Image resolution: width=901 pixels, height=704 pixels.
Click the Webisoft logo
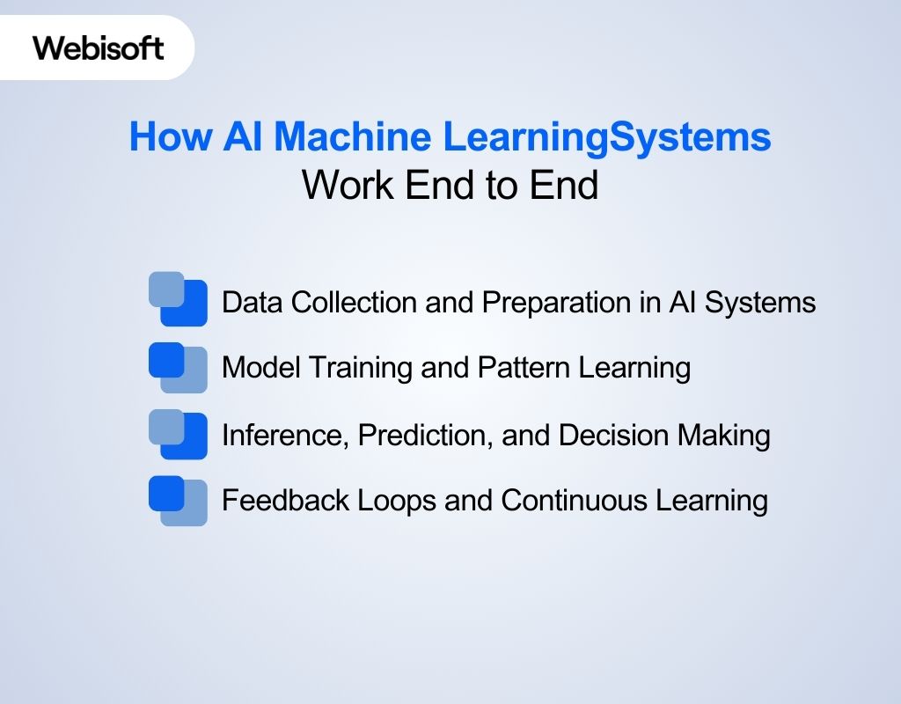click(99, 48)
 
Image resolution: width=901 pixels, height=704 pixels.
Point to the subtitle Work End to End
click(450, 186)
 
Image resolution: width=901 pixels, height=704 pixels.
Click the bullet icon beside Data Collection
click(178, 299)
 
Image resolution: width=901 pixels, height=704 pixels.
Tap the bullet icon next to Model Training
click(178, 367)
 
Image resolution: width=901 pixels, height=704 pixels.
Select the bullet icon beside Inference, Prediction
click(178, 434)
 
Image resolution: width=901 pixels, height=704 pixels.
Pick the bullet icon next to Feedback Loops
click(178, 500)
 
